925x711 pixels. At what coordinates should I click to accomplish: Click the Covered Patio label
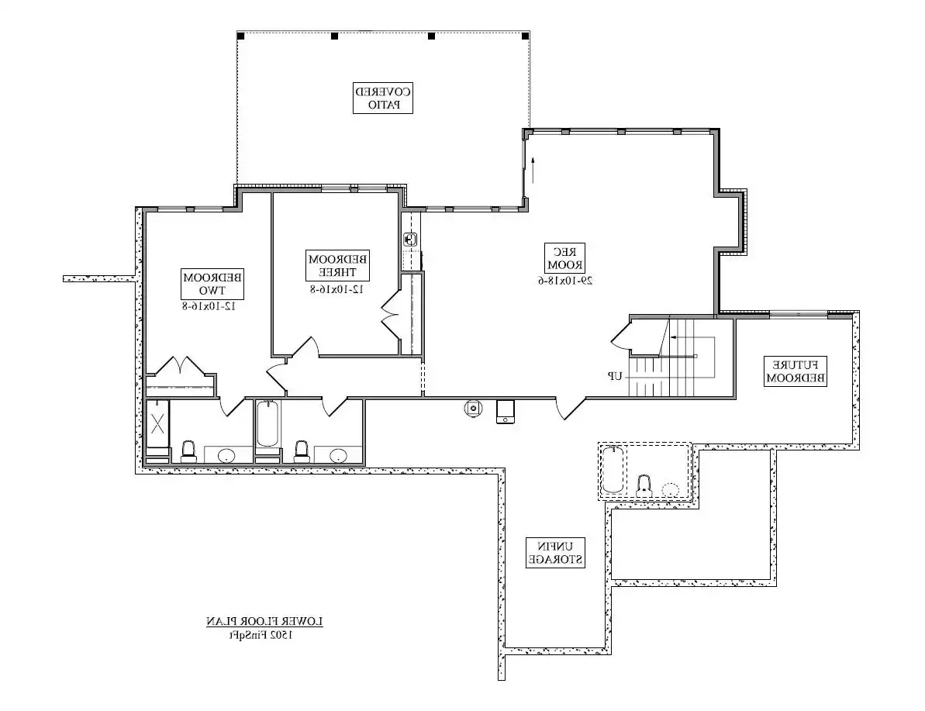(382, 98)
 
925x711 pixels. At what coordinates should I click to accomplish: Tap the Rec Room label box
(564, 258)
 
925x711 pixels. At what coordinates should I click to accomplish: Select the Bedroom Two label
(212, 284)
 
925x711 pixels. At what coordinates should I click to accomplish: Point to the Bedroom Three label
(337, 265)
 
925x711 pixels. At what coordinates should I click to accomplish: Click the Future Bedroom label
(796, 371)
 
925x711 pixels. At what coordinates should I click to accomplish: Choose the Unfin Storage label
(555, 552)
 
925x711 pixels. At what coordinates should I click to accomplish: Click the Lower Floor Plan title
(264, 621)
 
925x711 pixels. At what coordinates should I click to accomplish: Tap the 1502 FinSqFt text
(261, 635)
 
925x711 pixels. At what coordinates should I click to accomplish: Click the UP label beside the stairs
(615, 376)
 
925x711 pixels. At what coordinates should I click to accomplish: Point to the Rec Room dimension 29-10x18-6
(564, 280)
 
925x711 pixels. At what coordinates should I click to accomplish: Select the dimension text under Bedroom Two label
(212, 305)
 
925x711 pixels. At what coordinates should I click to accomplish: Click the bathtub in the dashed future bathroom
(613, 471)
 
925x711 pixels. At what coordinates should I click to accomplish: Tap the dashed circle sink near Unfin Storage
(670, 490)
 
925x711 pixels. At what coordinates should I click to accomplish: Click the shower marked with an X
(157, 423)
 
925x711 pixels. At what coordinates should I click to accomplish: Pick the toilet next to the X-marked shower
(188, 451)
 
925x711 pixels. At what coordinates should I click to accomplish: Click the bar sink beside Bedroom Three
(410, 240)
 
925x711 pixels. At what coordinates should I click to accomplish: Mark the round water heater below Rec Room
(473, 409)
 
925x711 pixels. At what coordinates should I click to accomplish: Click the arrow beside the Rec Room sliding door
(533, 169)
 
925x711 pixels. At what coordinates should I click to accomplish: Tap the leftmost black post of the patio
(240, 36)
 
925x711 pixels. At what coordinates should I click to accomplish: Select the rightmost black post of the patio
(525, 36)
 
